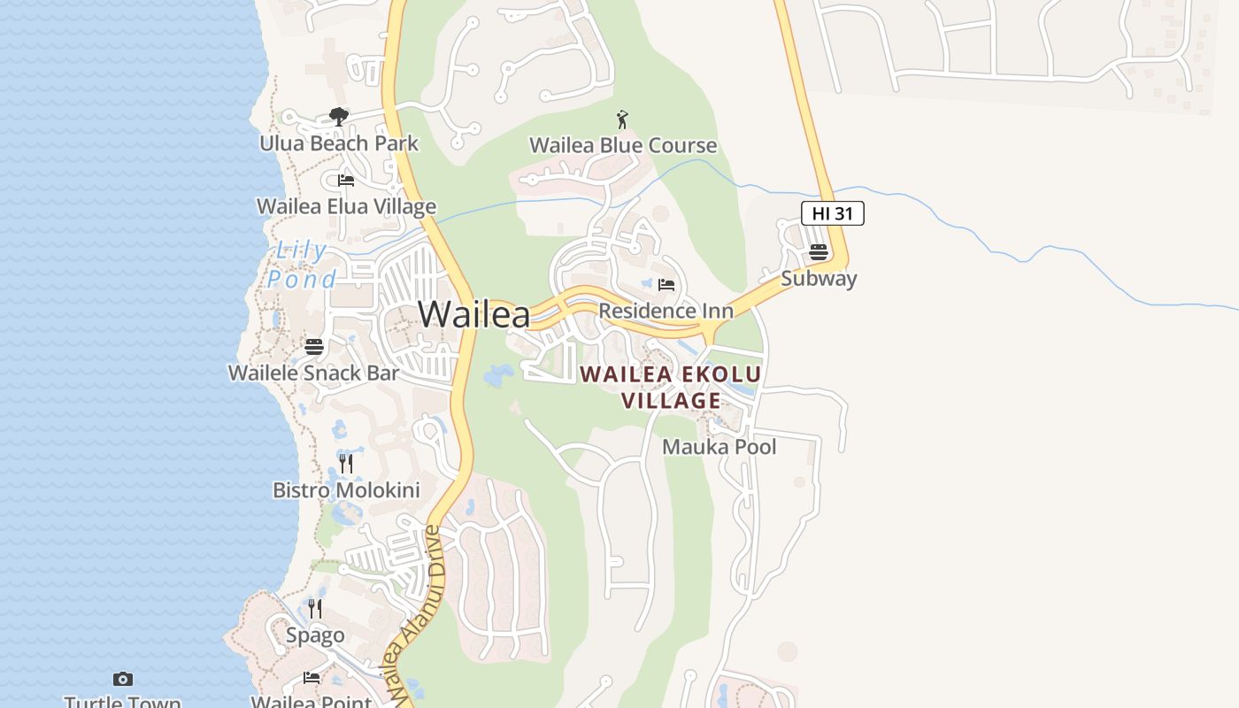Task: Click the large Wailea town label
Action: (474, 314)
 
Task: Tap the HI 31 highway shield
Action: (832, 213)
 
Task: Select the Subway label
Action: (819, 279)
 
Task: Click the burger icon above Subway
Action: (819, 252)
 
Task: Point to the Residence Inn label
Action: (666, 311)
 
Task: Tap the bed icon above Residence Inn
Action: (666, 285)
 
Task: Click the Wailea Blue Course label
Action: (623, 145)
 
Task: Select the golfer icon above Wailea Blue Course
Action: (622, 119)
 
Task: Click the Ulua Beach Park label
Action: (339, 143)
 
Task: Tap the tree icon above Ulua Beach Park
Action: (338, 116)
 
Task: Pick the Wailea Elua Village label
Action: (346, 206)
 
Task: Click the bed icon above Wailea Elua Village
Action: (346, 181)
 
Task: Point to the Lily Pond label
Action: (303, 265)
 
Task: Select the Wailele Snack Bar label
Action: (314, 373)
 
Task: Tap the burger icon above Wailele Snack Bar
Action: (314, 347)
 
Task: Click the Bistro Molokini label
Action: (346, 490)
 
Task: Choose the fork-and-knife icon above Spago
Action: (315, 608)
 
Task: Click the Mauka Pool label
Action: (720, 447)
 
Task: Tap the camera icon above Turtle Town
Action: (123, 679)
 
